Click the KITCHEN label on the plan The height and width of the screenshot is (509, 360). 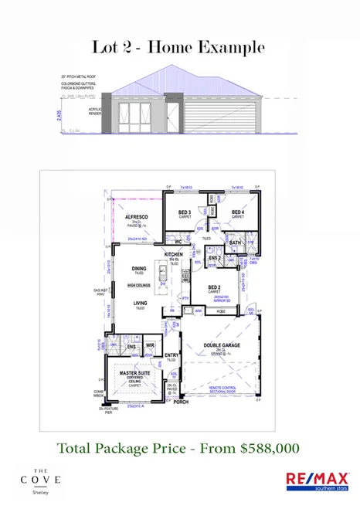[173, 254]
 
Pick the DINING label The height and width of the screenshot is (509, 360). [139, 269]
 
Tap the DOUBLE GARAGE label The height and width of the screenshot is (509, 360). [219, 345]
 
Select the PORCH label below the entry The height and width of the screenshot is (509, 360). [181, 402]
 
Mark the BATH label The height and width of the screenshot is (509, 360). [236, 242]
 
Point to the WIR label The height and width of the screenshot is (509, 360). [151, 346]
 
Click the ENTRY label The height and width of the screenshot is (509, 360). [172, 355]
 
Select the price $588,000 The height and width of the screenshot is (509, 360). [270, 447]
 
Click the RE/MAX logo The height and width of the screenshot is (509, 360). [316, 480]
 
